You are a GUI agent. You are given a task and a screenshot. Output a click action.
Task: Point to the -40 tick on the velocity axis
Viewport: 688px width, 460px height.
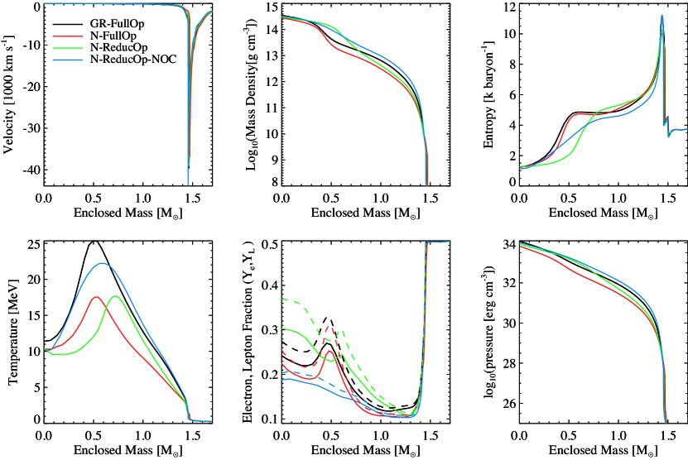point(28,170)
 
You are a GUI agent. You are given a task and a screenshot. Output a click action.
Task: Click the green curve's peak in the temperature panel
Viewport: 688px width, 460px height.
point(115,296)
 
